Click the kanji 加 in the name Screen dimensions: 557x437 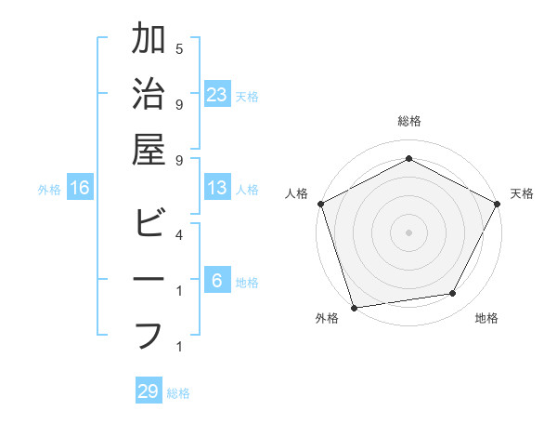(x=149, y=42)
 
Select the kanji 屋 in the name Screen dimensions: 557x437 (x=149, y=149)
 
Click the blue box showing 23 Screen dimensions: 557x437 (x=217, y=95)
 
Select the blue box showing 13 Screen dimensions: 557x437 (x=217, y=188)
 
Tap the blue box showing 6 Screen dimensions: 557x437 (x=217, y=282)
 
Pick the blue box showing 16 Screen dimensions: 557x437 (x=80, y=188)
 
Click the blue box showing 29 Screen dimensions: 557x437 (x=149, y=391)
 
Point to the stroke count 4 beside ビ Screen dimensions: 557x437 (x=179, y=234)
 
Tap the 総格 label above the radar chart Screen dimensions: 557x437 (x=408, y=121)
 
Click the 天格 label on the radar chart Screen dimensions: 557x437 (x=522, y=193)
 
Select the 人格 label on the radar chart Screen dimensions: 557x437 (x=297, y=193)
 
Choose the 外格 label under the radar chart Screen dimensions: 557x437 (x=326, y=318)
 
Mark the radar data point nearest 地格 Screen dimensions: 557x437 (x=453, y=294)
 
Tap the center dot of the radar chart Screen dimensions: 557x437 (x=408, y=232)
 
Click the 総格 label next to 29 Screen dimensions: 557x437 (x=178, y=393)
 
